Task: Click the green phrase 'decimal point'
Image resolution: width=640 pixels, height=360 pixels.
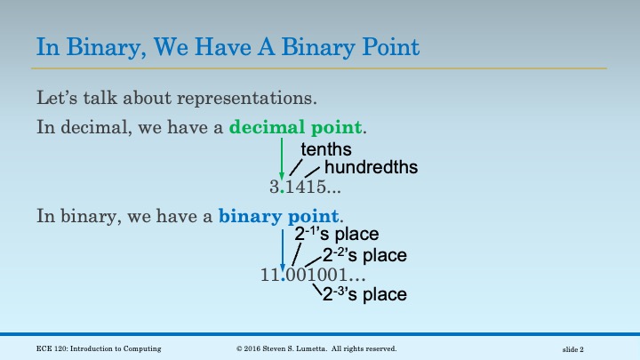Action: coord(297,127)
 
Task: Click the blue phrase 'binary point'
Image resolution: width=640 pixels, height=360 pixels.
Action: coord(278,216)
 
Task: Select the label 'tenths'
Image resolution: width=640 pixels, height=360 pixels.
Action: coord(326,149)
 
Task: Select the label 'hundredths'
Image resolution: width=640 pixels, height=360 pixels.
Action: coord(371,167)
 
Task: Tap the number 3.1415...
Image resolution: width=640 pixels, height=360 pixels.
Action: coord(305,188)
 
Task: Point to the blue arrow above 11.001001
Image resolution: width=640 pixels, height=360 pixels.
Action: coord(282,248)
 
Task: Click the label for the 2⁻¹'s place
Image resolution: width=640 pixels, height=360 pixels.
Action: coord(337,236)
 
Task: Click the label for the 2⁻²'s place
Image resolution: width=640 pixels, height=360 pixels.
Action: coord(364,256)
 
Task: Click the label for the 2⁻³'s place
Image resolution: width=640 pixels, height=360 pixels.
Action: coord(364,294)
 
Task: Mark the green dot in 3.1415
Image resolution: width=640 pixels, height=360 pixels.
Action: coord(282,192)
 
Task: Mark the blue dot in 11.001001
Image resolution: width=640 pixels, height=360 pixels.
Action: coord(282,281)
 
